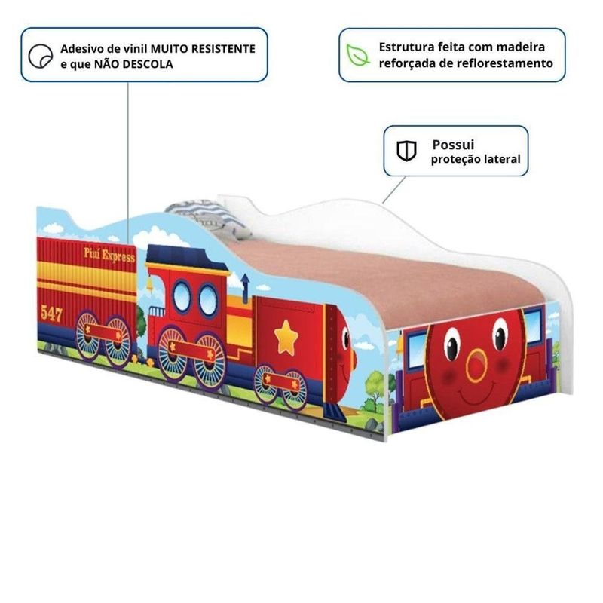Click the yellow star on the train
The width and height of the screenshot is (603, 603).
point(286,337)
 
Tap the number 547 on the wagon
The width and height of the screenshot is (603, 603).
point(52,314)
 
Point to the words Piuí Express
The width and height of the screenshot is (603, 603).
point(109,256)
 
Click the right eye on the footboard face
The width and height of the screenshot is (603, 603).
point(500,334)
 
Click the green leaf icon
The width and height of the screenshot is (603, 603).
point(354,54)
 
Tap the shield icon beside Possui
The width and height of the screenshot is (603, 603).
point(407,151)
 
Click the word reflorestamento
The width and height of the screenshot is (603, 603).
point(503,63)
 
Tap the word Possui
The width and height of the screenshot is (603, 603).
point(454,144)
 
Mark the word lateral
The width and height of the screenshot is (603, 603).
point(501,160)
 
